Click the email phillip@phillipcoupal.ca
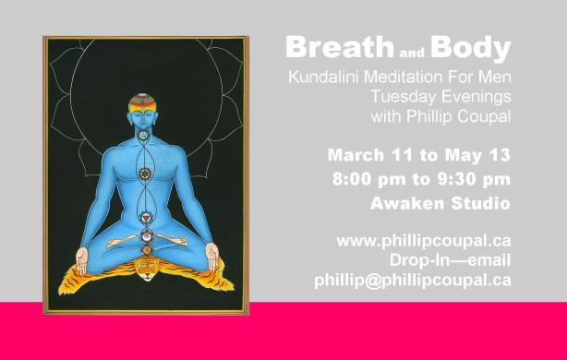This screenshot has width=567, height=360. click(412, 280)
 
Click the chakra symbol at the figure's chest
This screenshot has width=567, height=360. click(144, 172)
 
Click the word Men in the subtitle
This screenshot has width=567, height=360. click(494, 76)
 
